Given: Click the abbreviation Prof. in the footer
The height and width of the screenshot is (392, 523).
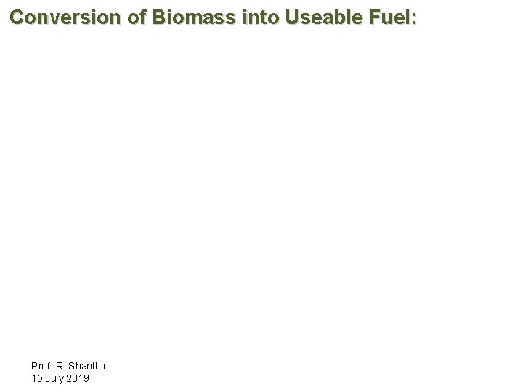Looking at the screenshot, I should pyautogui.click(x=42, y=367).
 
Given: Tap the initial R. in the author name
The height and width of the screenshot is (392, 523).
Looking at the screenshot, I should pyautogui.click(x=60, y=367).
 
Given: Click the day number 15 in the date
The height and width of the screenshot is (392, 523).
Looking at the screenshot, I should pyautogui.click(x=37, y=378).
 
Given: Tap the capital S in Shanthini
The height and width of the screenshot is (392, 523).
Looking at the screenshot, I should pyautogui.click(x=71, y=367).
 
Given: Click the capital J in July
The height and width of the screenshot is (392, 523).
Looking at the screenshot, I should pyautogui.click(x=47, y=378).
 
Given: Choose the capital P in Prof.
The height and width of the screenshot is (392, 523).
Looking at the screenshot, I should pyautogui.click(x=35, y=367).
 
